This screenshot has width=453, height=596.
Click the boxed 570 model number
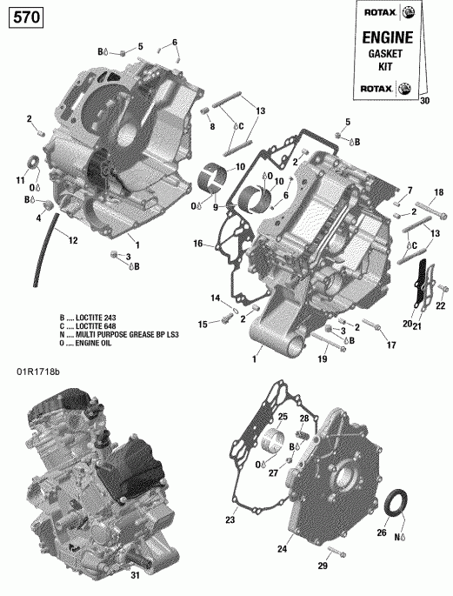[x=25, y=16]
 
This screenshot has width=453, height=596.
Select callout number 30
[x=424, y=101]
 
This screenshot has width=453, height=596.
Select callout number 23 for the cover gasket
[x=230, y=520]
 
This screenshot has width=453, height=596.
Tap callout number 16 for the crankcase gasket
[x=198, y=244]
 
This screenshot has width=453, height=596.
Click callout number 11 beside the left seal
[x=20, y=179]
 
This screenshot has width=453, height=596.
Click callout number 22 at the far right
[x=439, y=305]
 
